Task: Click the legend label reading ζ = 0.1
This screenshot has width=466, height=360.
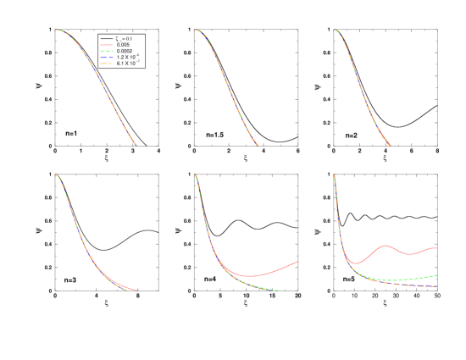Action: pos(124,39)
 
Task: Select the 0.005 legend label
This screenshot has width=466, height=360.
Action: pos(124,45)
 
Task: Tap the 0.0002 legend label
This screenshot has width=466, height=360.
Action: pos(125,51)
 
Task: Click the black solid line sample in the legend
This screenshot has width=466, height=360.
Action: pos(107,39)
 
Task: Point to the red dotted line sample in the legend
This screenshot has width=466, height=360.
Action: pos(107,45)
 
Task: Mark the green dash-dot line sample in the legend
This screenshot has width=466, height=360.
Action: pos(107,51)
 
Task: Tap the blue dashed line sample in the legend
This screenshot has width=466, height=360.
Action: pos(107,58)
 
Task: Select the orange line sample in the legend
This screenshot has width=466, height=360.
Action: pos(107,64)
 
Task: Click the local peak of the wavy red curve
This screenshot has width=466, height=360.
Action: pos(386,246)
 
